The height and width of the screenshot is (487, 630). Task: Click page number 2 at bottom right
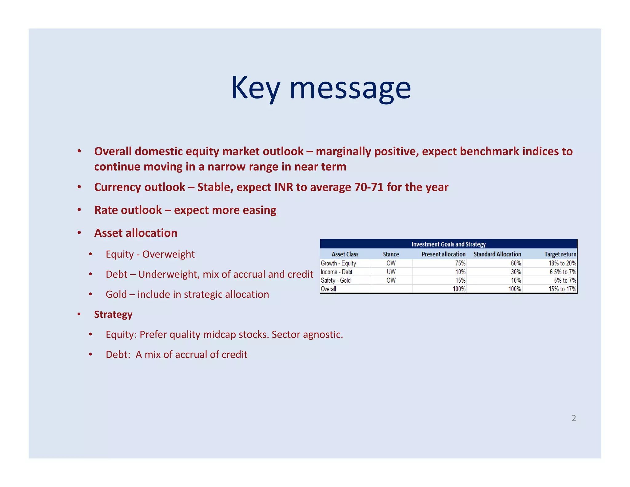click(x=574, y=418)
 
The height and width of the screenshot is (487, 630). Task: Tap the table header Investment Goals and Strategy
click(x=448, y=244)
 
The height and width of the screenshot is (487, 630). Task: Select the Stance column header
click(x=391, y=254)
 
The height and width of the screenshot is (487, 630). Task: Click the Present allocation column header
click(x=443, y=254)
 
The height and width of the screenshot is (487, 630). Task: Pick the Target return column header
click(x=560, y=254)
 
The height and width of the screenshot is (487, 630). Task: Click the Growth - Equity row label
click(x=338, y=263)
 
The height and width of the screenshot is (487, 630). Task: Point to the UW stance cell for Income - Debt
click(x=391, y=272)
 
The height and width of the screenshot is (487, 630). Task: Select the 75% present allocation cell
click(x=460, y=263)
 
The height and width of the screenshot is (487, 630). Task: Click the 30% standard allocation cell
click(x=516, y=272)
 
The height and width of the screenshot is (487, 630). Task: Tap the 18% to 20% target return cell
click(x=562, y=263)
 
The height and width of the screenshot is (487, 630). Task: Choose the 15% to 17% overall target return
click(x=562, y=289)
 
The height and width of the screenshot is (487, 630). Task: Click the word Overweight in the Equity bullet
click(x=168, y=254)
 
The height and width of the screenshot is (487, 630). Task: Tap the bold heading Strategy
click(x=113, y=314)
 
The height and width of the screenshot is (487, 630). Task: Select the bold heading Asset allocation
click(x=136, y=233)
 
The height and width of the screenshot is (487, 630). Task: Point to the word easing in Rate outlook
click(x=259, y=210)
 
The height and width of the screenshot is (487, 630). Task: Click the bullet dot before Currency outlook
click(x=79, y=187)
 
